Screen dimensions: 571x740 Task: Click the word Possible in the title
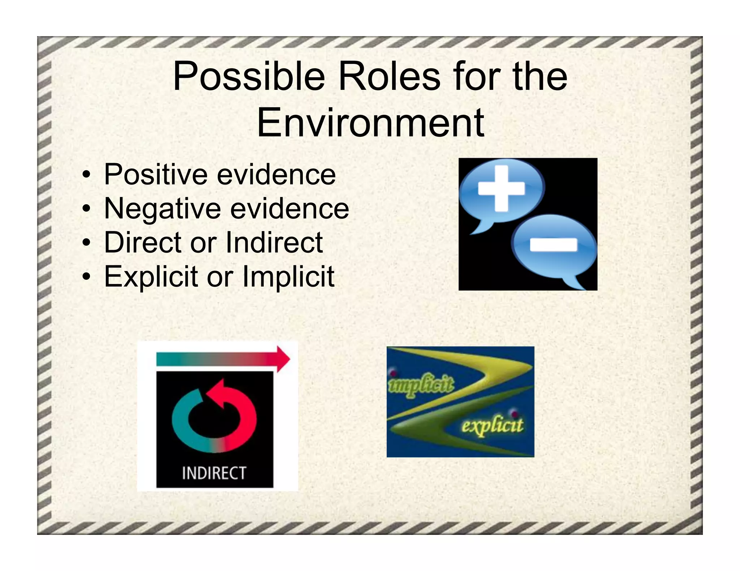(x=249, y=77)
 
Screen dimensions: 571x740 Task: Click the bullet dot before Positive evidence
(x=86, y=175)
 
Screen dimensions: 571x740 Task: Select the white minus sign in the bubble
(x=553, y=245)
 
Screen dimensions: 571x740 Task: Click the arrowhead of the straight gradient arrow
(x=283, y=359)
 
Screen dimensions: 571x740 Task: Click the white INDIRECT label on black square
(x=214, y=473)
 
